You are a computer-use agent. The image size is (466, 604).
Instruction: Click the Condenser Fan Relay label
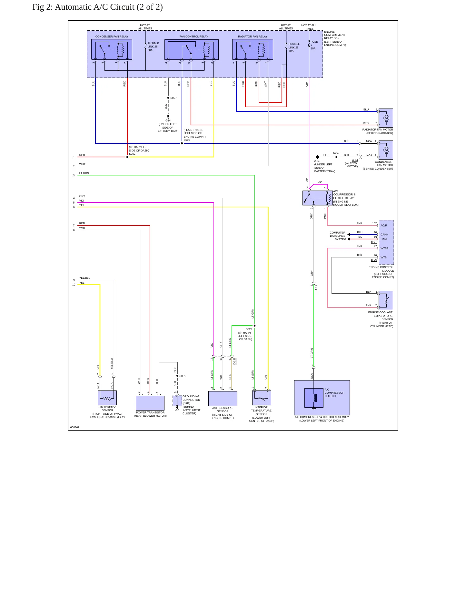pyautogui.click(x=112, y=36)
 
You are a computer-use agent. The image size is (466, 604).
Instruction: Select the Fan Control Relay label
pyautogui.click(x=193, y=36)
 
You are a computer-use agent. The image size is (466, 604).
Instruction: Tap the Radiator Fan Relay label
pyautogui.click(x=253, y=36)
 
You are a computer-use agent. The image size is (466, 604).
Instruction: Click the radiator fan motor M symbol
pyautogui.click(x=386, y=118)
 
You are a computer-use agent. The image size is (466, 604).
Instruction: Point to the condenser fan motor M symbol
pyautogui.click(x=386, y=150)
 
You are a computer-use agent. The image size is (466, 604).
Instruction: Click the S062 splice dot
pyautogui.click(x=127, y=157)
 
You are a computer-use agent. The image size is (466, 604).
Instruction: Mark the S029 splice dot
pyautogui.click(x=254, y=326)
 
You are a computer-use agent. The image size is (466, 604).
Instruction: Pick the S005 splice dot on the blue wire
pyautogui.click(x=182, y=143)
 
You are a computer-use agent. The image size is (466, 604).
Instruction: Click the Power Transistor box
pyautogui.click(x=150, y=403)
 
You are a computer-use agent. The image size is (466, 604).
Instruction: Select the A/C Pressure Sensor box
pyautogui.click(x=223, y=399)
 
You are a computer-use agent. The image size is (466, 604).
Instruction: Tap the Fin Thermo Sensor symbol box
pyautogui.click(x=107, y=398)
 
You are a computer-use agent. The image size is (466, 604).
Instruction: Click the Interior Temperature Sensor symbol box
pyautogui.click(x=262, y=398)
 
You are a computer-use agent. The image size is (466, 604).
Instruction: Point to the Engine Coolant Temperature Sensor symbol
pyautogui.click(x=386, y=300)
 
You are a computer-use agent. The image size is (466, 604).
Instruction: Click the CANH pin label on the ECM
pyautogui.click(x=384, y=234)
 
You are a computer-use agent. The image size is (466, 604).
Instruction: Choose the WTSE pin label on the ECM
pyautogui.click(x=384, y=248)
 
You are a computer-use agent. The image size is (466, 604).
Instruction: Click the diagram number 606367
pyautogui.click(x=74, y=427)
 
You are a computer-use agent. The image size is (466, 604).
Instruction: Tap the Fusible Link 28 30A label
pyautogui.click(x=153, y=47)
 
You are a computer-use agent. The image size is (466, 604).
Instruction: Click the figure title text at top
pyautogui.click(x=97, y=7)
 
